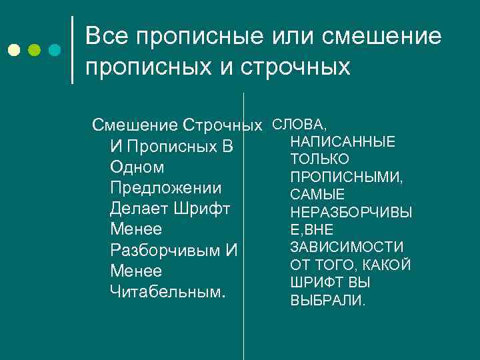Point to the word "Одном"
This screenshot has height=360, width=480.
(x=137, y=167)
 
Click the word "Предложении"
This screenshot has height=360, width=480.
(x=165, y=188)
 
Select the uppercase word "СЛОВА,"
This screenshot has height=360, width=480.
(x=299, y=125)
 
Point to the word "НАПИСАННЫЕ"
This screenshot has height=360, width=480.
(x=343, y=142)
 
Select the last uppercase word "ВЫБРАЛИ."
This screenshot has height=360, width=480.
(x=328, y=301)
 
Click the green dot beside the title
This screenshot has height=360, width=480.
(x=34, y=50)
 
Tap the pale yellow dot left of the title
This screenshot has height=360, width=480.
(x=14, y=50)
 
